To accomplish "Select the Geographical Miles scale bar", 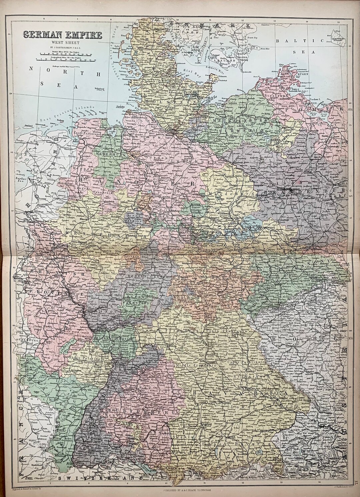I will coord(65,60).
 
